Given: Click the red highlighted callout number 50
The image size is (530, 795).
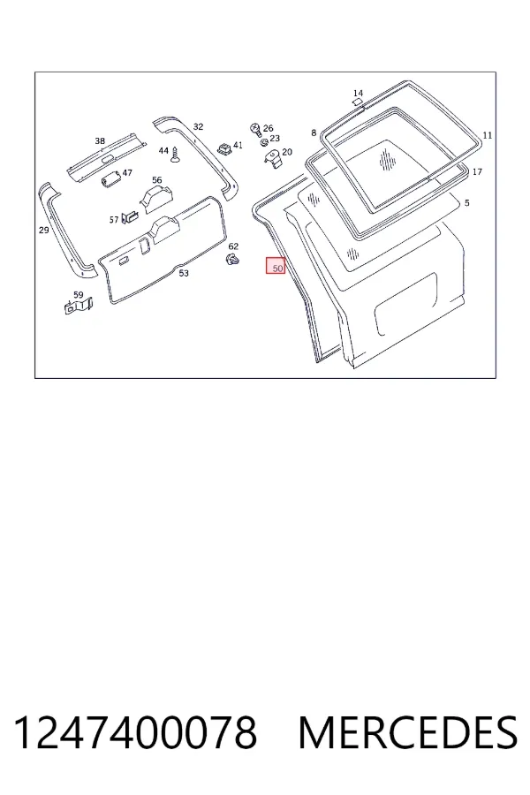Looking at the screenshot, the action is pyautogui.click(x=276, y=266).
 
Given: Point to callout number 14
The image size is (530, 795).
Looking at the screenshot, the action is pyautogui.click(x=358, y=94).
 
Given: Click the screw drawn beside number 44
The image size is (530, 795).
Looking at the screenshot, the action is pyautogui.click(x=176, y=154).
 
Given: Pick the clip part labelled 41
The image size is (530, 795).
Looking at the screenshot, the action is pyautogui.click(x=224, y=148).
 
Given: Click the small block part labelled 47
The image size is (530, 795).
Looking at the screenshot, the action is pyautogui.click(x=110, y=178).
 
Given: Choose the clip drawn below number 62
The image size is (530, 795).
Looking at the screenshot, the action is pyautogui.click(x=232, y=261).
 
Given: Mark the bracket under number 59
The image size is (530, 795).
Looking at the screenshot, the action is pyautogui.click(x=78, y=306).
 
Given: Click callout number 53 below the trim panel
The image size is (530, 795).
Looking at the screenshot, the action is pyautogui.click(x=184, y=273).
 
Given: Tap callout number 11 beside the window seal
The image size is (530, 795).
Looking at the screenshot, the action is pyautogui.click(x=487, y=135).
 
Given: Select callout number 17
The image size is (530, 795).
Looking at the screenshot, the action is pyautogui.click(x=477, y=172).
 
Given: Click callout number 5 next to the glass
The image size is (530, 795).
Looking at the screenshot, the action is pyautogui.click(x=467, y=203).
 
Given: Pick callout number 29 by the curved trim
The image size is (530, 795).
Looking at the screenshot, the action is pyautogui.click(x=43, y=231).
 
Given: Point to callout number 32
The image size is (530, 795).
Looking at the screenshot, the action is pyautogui.click(x=198, y=126).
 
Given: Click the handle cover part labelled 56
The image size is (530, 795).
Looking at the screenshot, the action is pyautogui.click(x=155, y=198).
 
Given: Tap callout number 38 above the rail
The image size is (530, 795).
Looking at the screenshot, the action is pyautogui.click(x=100, y=141).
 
